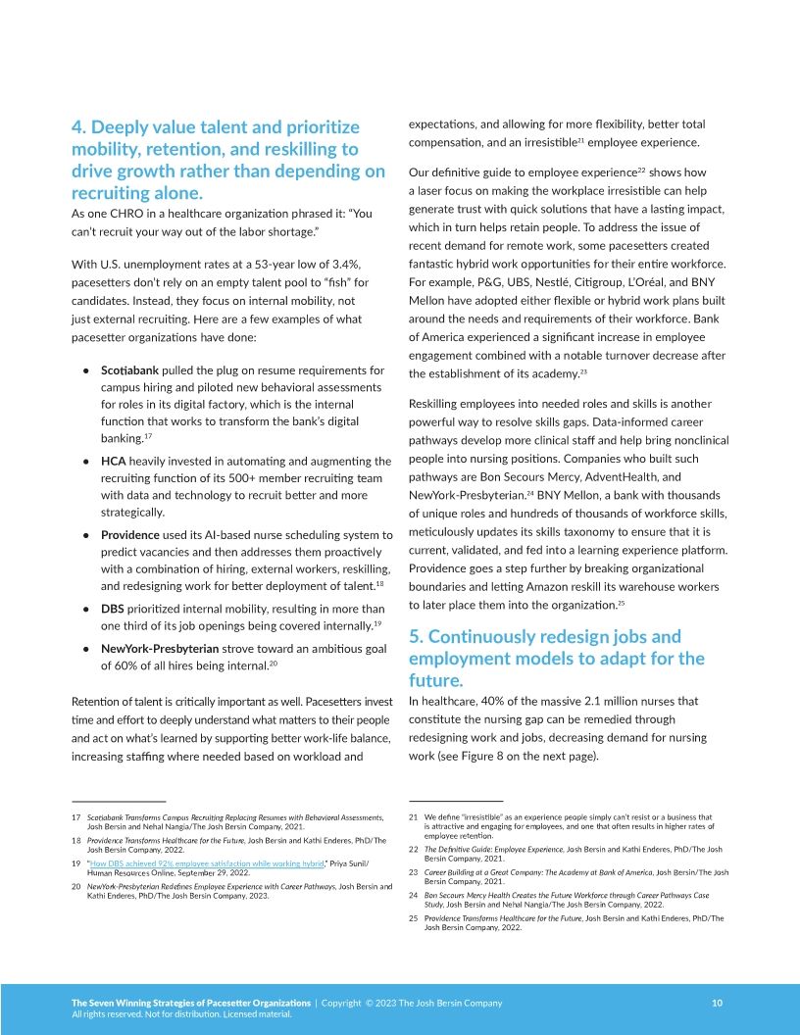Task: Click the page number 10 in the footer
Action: pyautogui.click(x=717, y=1003)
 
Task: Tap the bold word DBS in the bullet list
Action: pyautogui.click(x=113, y=609)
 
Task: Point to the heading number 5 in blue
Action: pyautogui.click(x=416, y=636)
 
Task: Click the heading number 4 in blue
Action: pyautogui.click(x=79, y=127)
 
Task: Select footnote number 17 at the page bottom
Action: pyautogui.click(x=75, y=816)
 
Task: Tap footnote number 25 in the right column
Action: pyautogui.click(x=414, y=918)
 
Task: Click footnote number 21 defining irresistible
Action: pyautogui.click(x=414, y=816)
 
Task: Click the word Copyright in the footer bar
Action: pyautogui.click(x=342, y=1003)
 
